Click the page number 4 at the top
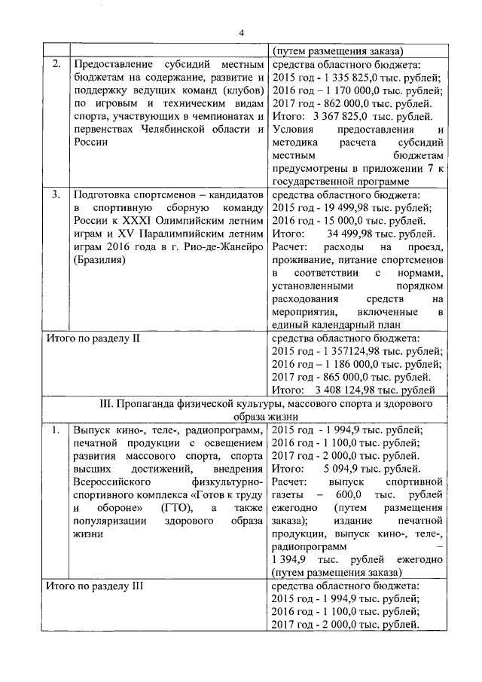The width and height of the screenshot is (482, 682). coord(242,32)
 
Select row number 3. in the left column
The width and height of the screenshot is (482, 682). coord(56,194)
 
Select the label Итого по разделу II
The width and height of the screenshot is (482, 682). coord(94,338)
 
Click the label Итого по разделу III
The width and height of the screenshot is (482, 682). coord(96,586)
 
